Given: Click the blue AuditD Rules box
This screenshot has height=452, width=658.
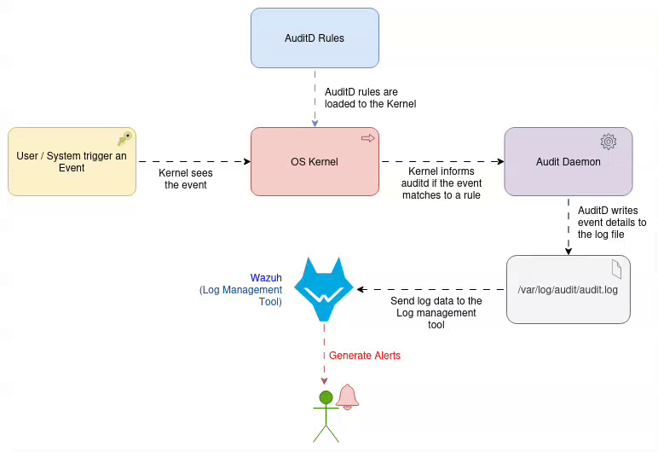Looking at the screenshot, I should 315,38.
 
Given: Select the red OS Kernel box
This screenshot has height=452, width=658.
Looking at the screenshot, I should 315,161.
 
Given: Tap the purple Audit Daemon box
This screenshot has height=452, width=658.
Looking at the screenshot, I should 568,161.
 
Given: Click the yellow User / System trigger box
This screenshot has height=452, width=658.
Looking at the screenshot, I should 72,161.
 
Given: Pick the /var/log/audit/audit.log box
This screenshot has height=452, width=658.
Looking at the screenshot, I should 568,290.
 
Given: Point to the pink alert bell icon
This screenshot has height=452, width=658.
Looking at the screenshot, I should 347,397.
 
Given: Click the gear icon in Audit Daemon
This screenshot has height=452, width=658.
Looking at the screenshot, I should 608,141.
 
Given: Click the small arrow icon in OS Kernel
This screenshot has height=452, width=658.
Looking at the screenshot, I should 367,137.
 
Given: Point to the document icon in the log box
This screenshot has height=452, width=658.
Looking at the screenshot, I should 616,269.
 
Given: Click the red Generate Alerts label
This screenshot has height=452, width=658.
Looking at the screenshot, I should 365,356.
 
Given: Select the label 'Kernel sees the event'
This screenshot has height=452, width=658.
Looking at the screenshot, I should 185,178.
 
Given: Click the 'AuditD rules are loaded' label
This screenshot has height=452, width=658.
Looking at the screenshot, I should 370,98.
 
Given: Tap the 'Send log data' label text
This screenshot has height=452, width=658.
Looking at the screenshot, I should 436,312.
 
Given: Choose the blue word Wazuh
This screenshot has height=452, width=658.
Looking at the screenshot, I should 266,278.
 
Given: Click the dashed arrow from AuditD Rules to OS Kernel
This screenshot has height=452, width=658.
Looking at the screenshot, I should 315,97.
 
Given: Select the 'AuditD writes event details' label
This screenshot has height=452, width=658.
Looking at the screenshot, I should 611,222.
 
